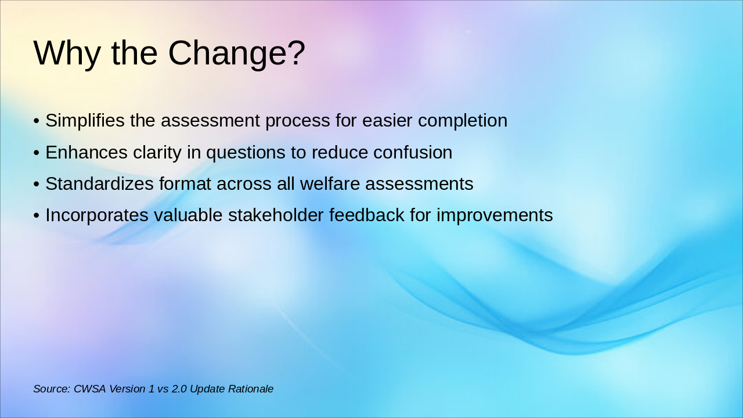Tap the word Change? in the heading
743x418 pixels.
[236, 54]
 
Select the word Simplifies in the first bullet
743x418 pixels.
[85, 120]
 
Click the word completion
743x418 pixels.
[463, 121]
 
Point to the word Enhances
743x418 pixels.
[86, 153]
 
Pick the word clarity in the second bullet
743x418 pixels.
[157, 153]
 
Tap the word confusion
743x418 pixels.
[413, 153]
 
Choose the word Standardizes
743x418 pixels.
[99, 184]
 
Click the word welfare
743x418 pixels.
[330, 184]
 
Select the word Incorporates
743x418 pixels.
[97, 215]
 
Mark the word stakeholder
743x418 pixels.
[276, 215]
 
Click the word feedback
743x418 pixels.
[367, 215]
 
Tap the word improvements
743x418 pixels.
[495, 215]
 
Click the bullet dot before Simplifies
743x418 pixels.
[37, 121]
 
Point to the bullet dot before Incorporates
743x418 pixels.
[37, 215]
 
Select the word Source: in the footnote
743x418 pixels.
[52, 389]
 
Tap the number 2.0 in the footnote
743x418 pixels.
[179, 389]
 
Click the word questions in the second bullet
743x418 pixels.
[246, 153]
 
